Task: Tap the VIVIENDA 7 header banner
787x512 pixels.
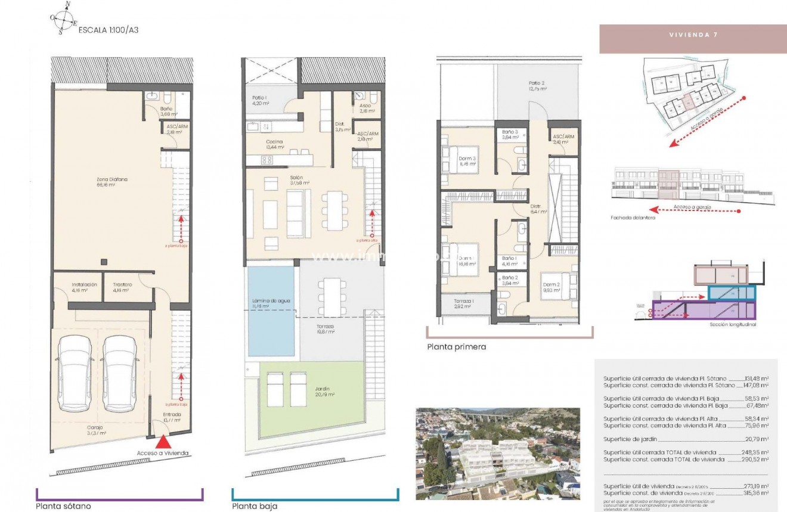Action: pos(693,35)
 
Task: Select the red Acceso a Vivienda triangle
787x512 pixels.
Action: pos(162,442)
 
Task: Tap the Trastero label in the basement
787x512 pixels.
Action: pos(123,285)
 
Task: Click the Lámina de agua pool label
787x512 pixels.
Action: pos(271,301)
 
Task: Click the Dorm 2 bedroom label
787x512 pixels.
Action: pos(551,284)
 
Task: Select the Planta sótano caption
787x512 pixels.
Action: pos(64,506)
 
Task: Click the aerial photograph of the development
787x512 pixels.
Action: pos(497,454)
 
